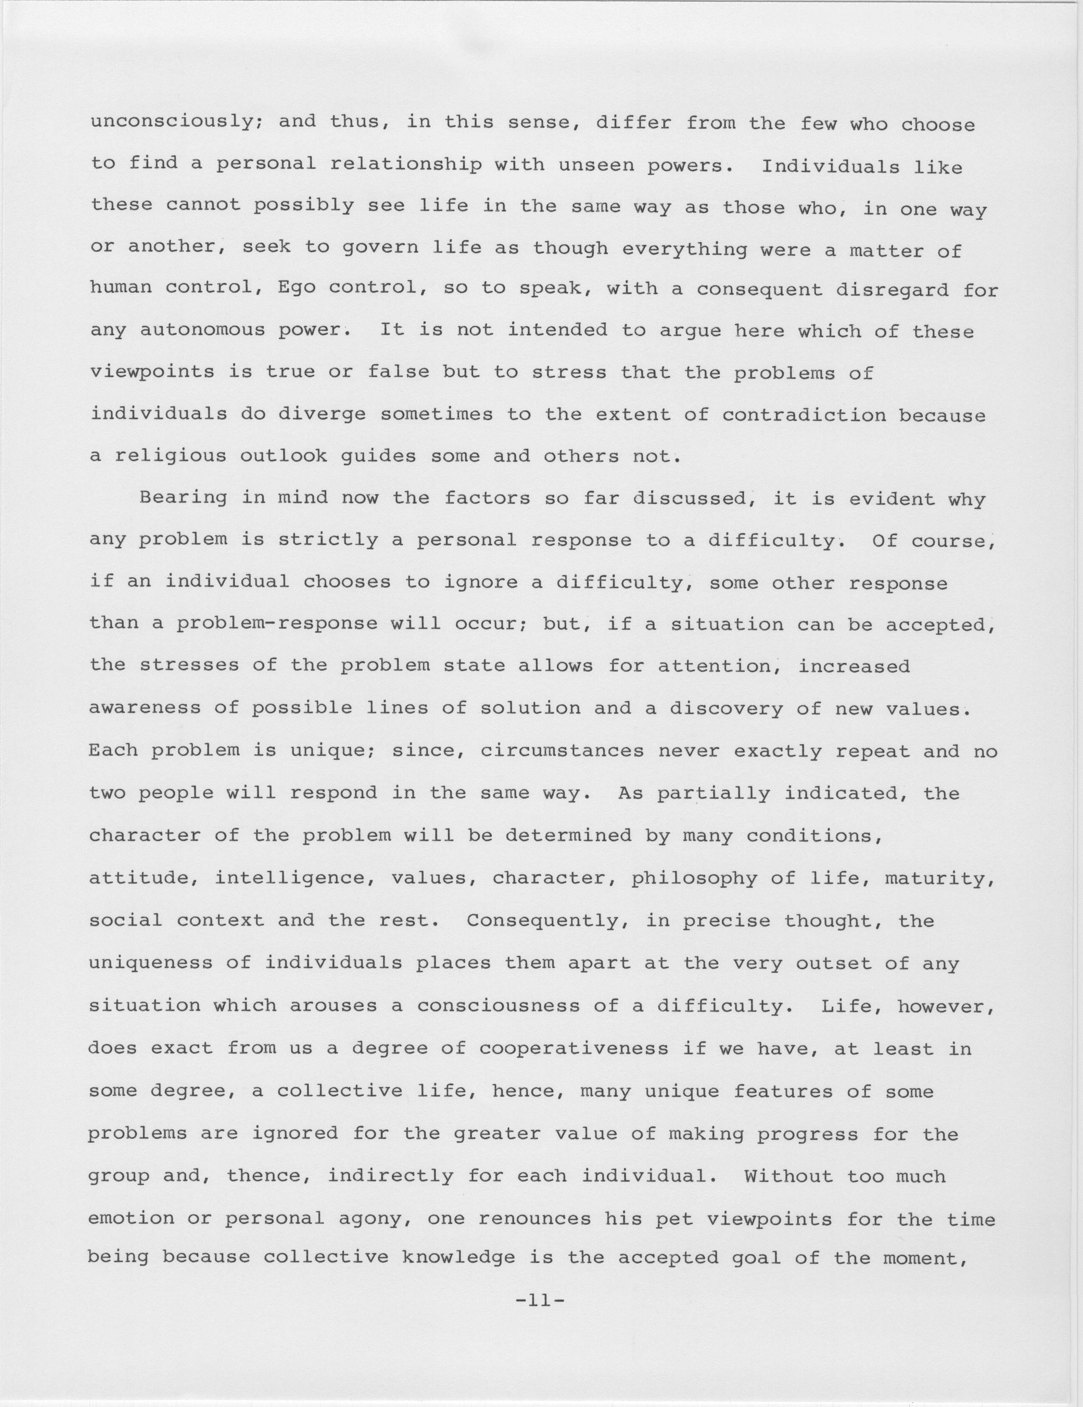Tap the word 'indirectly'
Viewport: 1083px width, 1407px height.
[x=390, y=1176]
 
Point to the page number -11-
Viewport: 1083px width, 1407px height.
[x=540, y=1300]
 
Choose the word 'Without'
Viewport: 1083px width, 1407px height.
[x=789, y=1176]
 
